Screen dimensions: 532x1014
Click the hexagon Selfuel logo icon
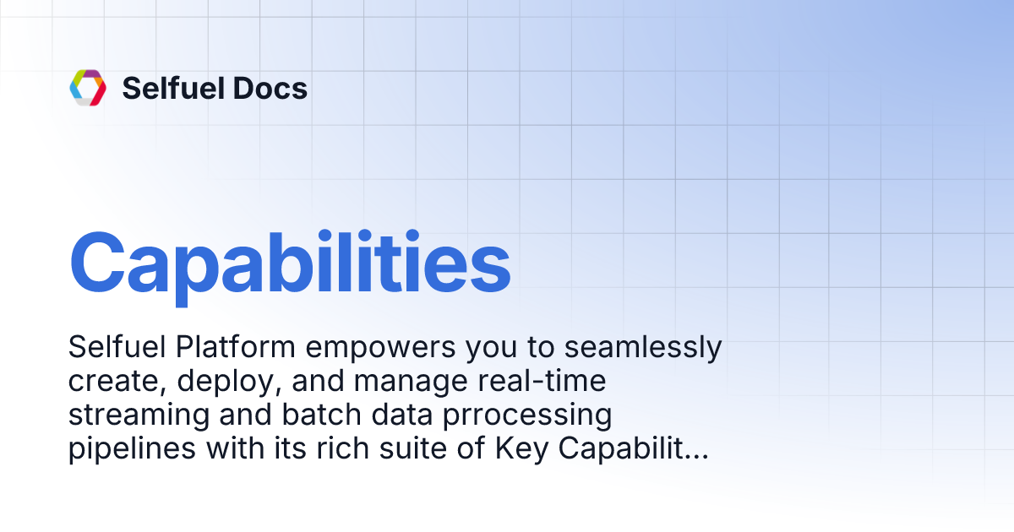tap(88, 88)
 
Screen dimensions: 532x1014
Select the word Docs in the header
tap(275, 88)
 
